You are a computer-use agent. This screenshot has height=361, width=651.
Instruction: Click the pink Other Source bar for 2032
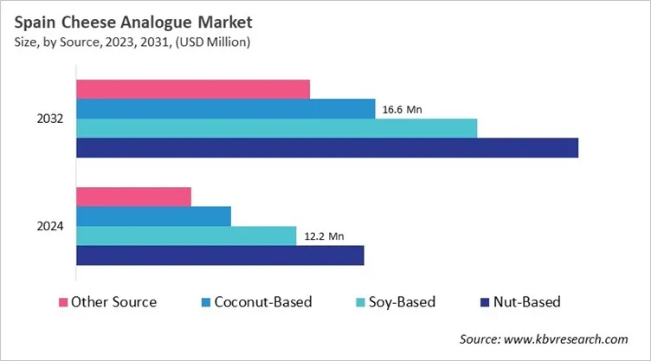[x=193, y=88]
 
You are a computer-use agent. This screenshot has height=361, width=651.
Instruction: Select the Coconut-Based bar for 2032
[x=225, y=108]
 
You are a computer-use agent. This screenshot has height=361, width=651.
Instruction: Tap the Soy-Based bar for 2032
[x=276, y=128]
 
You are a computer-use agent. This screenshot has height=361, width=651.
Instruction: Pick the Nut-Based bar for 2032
[x=326, y=148]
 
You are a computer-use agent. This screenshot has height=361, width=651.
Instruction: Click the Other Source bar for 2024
[x=133, y=197]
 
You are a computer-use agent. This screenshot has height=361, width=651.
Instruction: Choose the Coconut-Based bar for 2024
[x=153, y=216]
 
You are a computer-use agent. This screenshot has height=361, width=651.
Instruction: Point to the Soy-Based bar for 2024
[x=186, y=235]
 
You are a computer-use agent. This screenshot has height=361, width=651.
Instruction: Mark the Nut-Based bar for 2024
[x=220, y=255]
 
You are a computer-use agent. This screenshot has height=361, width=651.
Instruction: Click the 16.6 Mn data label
[x=402, y=110]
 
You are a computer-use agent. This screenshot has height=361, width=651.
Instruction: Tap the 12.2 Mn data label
[x=322, y=235]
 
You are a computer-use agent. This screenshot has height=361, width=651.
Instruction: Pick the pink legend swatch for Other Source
[x=62, y=302]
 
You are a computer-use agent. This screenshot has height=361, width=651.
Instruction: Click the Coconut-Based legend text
[x=263, y=302]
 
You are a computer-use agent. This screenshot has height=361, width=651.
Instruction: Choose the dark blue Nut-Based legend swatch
[x=485, y=302]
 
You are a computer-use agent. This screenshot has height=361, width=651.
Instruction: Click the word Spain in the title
[x=37, y=22]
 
